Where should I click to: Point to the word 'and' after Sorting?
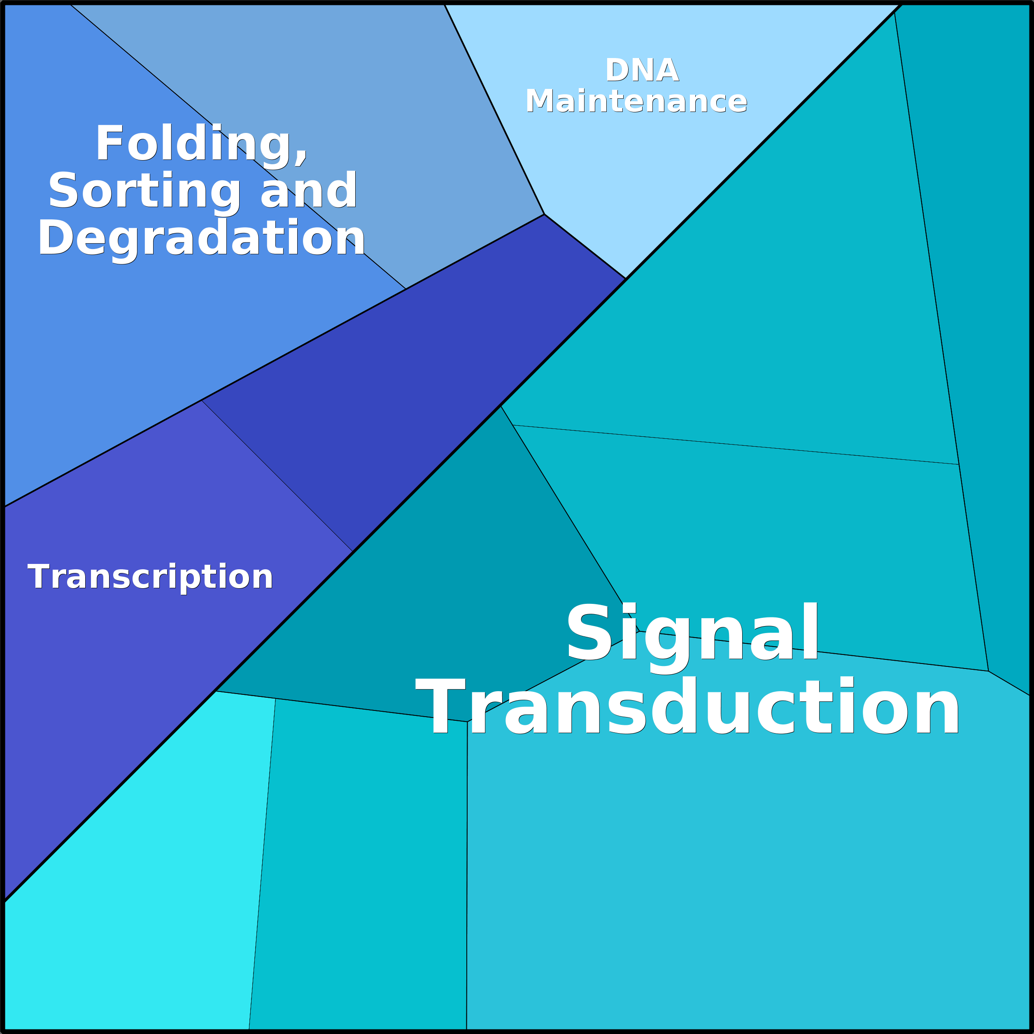pos(309,191)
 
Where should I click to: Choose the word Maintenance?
pos(636,101)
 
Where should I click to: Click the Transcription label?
pos(150,577)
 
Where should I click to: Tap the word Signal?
pos(692,633)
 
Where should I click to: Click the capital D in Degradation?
pos(55,238)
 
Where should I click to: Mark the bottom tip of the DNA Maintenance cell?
pos(625,278)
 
